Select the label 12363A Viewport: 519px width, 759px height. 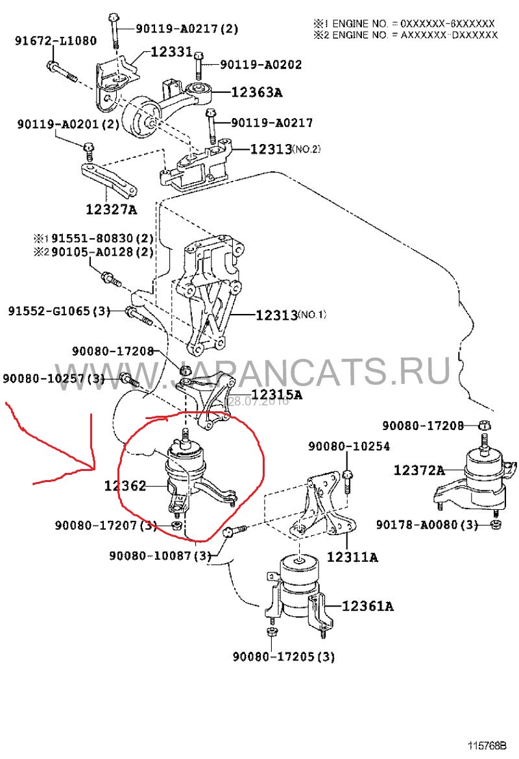coord(257,93)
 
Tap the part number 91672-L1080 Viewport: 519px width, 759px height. coord(56,41)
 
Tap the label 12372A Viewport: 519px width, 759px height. coord(419,470)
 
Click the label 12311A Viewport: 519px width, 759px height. coord(353,557)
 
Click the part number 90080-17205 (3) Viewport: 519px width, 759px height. coord(284,657)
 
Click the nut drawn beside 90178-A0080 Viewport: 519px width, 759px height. coord(496,524)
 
